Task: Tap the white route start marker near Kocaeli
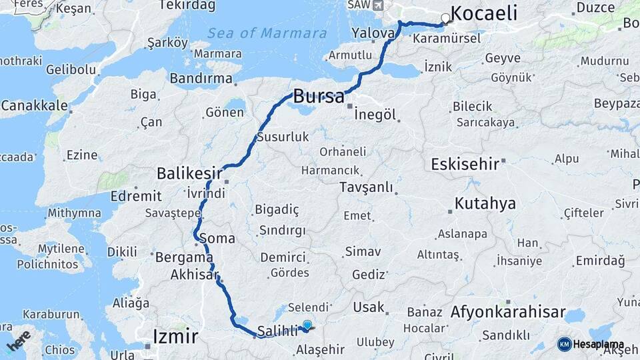click(445, 18)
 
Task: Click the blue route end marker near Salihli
click(307, 325)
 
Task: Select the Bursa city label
click(319, 95)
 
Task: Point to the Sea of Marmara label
click(257, 33)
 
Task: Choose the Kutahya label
click(485, 203)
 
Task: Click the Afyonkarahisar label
click(508, 312)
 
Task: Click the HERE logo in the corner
click(18, 340)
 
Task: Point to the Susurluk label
click(283, 137)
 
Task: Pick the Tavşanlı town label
click(366, 187)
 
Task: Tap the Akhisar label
click(195, 275)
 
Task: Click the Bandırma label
click(201, 79)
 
